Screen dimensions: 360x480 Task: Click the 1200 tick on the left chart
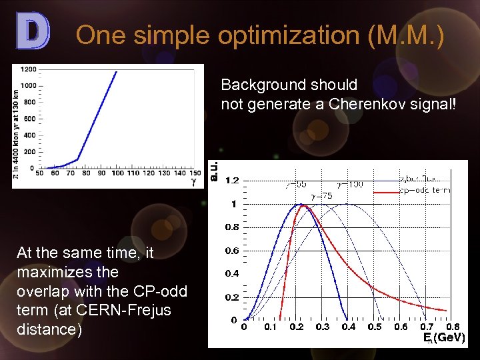(29, 69)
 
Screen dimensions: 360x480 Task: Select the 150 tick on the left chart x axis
(195, 173)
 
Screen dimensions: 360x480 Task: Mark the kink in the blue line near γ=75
(78, 159)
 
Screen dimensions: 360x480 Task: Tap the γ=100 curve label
(351, 183)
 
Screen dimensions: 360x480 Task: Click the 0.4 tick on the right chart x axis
(349, 327)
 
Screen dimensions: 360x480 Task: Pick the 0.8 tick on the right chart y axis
(232, 227)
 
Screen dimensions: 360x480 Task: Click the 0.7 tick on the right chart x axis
(427, 327)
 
